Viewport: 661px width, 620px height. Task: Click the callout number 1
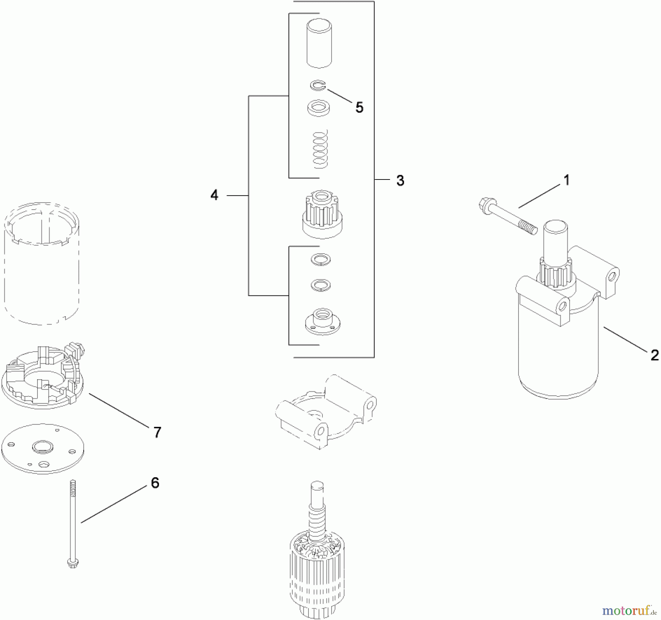click(566, 180)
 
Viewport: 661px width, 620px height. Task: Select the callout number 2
click(654, 355)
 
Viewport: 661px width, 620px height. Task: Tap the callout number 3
click(400, 181)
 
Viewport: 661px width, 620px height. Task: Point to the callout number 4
click(214, 195)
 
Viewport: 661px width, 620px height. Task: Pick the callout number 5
click(359, 108)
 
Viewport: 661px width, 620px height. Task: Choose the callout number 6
click(155, 483)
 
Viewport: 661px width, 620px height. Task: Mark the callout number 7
click(157, 432)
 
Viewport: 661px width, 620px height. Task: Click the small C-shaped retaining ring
click(318, 86)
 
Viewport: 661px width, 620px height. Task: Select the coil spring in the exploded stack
click(320, 149)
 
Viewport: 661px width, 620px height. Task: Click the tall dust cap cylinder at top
click(319, 43)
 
